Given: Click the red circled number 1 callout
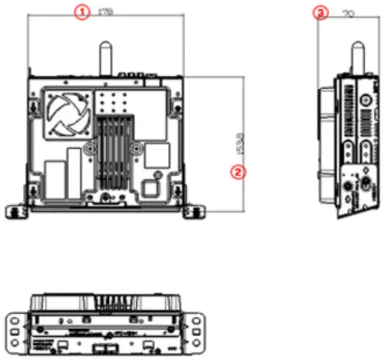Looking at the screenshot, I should point(83,12).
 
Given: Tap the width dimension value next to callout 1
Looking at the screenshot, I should point(106,12).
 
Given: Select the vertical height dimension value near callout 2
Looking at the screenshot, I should point(241,143).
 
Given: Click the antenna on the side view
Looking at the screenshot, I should point(357,58).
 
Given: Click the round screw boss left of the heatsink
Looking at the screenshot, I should point(91,149).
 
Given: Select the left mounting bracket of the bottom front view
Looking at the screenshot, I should point(15,330).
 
